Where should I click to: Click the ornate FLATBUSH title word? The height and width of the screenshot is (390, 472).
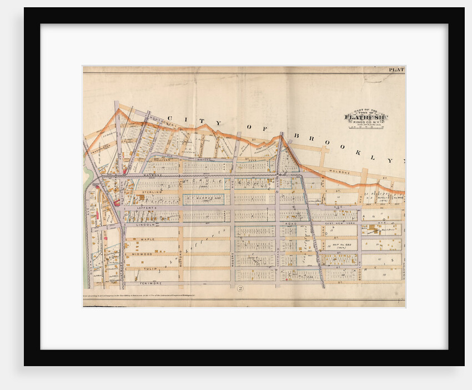click(x=366, y=117)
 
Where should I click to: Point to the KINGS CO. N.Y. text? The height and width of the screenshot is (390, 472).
click(x=366, y=123)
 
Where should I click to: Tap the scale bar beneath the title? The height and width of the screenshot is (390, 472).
click(x=366, y=129)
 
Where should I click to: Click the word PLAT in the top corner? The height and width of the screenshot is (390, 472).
click(x=396, y=70)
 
